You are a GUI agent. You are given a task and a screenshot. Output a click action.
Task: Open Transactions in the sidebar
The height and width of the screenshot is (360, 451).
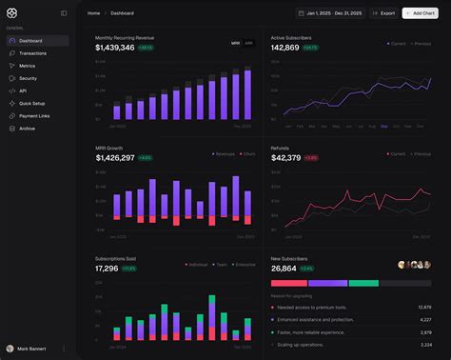coord(33,53)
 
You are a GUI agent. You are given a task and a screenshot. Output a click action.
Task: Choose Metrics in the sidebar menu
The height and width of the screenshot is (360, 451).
coord(28,66)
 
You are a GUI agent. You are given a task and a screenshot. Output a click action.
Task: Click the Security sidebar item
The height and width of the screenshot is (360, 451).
coord(28,78)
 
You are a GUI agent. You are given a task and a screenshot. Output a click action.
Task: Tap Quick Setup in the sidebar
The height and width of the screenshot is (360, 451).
coord(31,103)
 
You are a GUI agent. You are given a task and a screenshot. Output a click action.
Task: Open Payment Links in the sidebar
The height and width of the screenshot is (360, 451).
coord(34,115)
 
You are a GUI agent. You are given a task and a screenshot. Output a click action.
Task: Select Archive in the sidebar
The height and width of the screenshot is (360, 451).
coord(27,128)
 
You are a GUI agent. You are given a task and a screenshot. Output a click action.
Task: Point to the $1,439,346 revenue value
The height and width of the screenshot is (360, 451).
coord(114,47)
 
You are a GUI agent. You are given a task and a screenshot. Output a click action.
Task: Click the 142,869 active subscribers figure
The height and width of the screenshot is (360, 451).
coord(286,47)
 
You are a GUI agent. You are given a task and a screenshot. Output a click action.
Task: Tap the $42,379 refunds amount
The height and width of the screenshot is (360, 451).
coord(285,158)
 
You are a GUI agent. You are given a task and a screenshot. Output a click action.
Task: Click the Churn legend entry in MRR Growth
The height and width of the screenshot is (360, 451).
coord(248,153)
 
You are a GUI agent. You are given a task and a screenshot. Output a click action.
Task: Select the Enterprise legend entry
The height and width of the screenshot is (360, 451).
coord(244,266)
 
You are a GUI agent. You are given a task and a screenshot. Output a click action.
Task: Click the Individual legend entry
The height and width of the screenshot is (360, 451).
coord(197,266)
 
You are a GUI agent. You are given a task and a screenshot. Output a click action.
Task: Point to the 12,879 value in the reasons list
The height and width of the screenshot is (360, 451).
coord(424,308)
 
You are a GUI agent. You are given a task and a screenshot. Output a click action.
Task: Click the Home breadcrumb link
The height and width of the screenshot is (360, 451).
coord(93,13)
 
